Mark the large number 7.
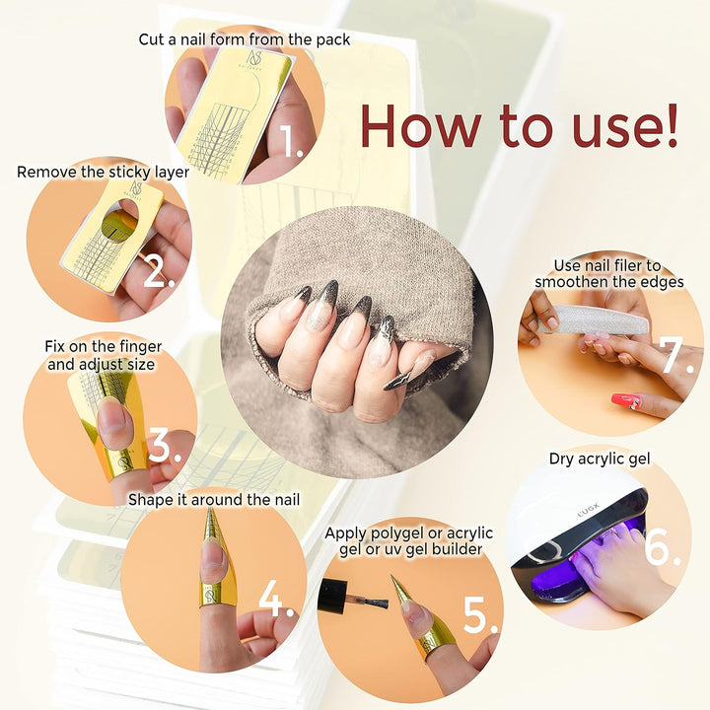click(677, 357)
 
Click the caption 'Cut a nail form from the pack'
click(244, 39)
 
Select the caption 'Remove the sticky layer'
click(104, 172)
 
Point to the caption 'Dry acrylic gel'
click(599, 458)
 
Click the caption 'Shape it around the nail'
click(214, 500)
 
